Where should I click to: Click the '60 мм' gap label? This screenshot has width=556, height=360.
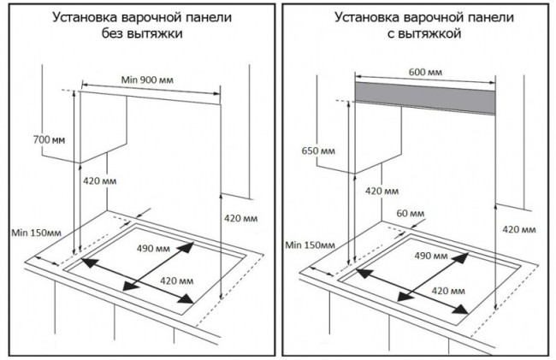[410, 212]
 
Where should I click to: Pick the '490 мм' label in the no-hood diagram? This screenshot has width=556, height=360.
[155, 248]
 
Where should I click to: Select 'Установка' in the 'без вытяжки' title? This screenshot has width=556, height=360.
[82, 16]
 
